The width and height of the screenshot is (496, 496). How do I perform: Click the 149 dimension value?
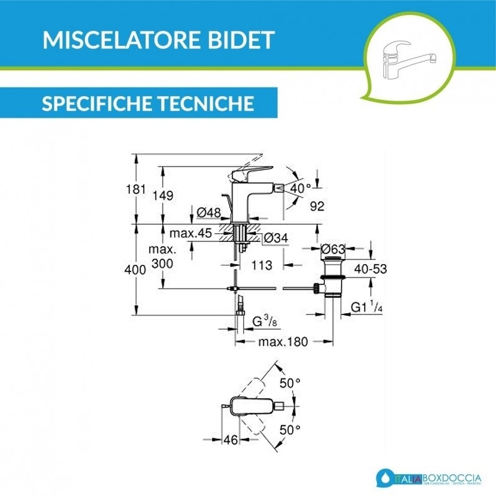coord(162,195)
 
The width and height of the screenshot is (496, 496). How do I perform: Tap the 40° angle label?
coord(301,187)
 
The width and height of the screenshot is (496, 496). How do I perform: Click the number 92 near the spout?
coord(317,206)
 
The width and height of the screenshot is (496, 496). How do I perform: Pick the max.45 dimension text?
coord(191,233)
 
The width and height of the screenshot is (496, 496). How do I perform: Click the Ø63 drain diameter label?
coord(333,249)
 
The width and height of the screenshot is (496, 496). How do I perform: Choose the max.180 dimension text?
coord(285,342)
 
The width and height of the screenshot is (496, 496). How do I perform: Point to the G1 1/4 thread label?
coord(366,306)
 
